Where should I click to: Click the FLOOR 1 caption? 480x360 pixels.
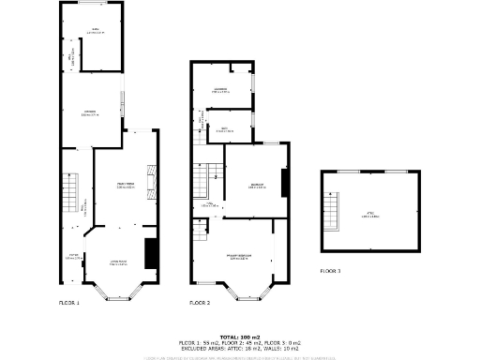click(x=69, y=303)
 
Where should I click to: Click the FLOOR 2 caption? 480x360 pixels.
click(x=200, y=303)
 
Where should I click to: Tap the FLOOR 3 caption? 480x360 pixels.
click(x=330, y=270)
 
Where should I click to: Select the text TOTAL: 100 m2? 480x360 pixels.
click(x=240, y=337)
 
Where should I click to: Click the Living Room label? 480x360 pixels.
click(x=119, y=262)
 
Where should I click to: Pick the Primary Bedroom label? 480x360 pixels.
click(x=240, y=257)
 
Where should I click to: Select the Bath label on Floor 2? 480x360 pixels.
click(x=225, y=128)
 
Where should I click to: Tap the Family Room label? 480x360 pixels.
click(x=125, y=185)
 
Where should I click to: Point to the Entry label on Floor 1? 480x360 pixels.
click(x=72, y=255)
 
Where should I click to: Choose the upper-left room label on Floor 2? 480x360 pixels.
click(x=220, y=90)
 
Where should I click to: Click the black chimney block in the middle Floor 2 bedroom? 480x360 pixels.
click(x=283, y=182)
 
